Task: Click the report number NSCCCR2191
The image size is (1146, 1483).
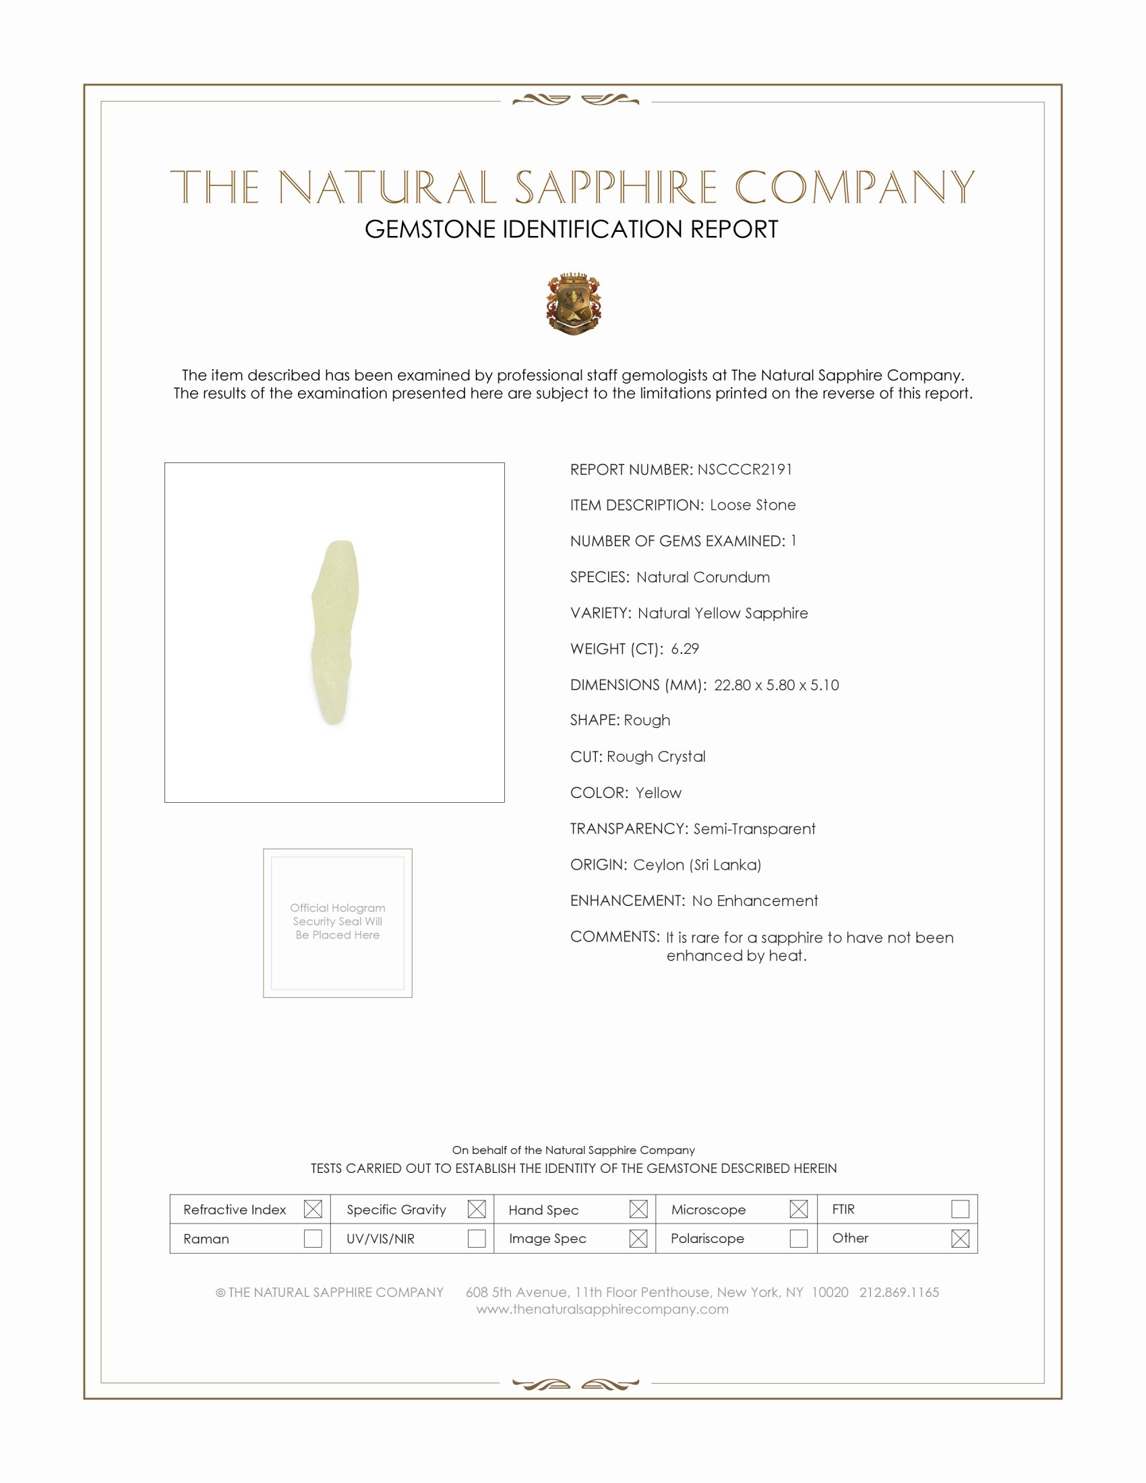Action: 744,469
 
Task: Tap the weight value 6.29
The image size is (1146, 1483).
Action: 684,648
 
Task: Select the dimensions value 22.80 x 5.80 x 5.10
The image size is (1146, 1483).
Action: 776,684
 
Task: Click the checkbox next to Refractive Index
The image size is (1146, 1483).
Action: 312,1209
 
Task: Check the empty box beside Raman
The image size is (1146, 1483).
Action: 312,1238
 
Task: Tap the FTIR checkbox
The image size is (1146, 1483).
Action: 960,1209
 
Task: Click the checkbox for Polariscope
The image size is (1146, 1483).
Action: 798,1238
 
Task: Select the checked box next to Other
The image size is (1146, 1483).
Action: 960,1238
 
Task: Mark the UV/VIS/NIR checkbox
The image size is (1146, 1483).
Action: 477,1238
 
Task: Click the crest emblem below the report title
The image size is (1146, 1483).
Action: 574,303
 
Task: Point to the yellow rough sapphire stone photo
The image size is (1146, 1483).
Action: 335,632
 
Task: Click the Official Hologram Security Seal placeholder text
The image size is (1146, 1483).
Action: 338,921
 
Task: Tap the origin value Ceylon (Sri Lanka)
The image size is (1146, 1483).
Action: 696,864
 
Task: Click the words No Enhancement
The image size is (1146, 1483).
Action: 755,901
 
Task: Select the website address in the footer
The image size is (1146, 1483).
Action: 602,1309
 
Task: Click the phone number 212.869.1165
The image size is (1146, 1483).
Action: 899,1292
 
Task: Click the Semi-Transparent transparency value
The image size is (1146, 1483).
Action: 754,828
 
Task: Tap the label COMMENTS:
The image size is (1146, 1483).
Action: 614,936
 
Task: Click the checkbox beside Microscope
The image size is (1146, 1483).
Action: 798,1209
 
